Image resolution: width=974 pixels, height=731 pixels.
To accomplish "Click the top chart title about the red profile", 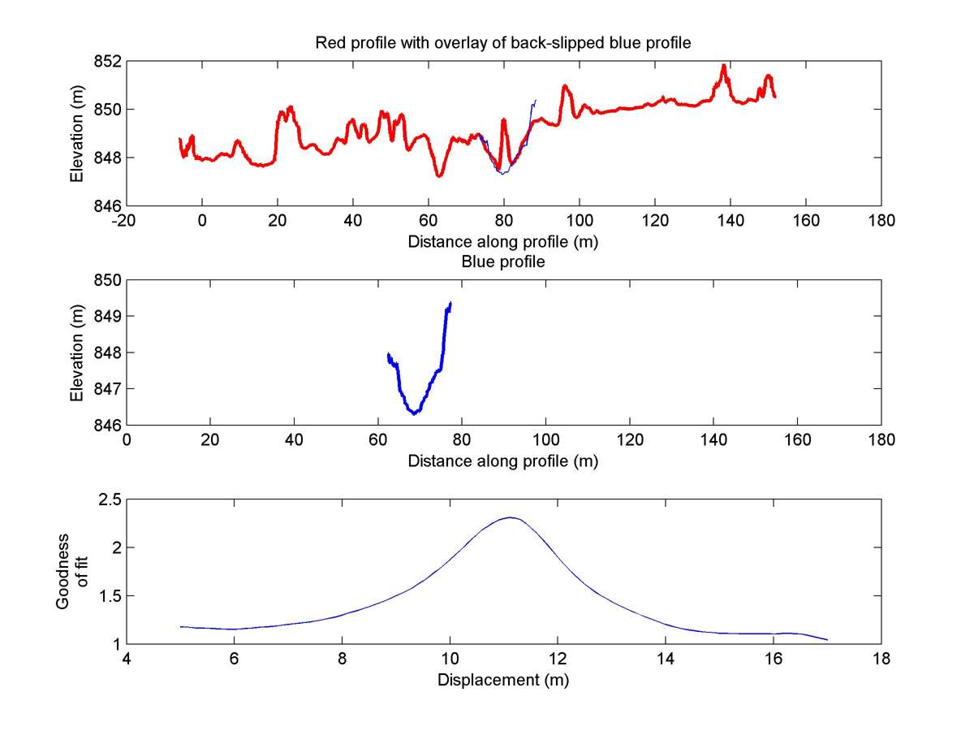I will coord(502,43).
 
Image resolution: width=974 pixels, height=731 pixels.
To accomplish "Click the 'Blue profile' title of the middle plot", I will coord(502,262).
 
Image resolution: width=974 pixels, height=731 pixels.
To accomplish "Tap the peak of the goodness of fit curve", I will coord(511,517).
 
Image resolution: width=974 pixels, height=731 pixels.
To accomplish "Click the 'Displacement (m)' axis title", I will coord(502,680).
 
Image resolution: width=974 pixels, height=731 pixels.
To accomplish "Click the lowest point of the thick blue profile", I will coord(415,413).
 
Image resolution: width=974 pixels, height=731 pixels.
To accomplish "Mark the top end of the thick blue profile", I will coord(450,303).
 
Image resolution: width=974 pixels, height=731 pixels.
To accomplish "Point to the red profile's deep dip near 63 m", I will coord(439,175).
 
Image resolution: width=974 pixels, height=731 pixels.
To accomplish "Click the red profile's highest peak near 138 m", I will coord(723,65).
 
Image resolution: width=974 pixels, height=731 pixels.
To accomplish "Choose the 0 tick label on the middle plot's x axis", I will coord(127,439).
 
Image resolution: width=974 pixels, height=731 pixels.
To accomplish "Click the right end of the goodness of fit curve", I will coord(827,640).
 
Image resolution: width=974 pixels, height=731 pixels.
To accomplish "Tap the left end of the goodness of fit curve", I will coord(181,626).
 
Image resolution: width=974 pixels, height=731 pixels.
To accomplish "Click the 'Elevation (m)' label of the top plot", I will coord(75,133).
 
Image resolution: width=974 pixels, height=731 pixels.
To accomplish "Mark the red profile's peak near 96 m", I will coord(565,85).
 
